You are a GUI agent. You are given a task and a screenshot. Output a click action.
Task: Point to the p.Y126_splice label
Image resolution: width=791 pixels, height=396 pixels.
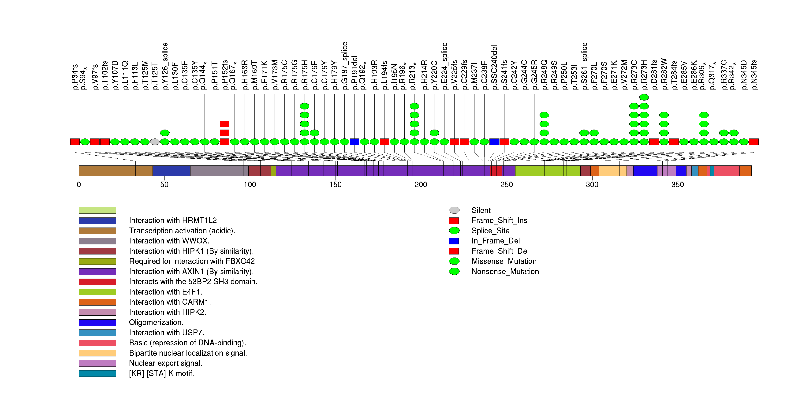point(165,66)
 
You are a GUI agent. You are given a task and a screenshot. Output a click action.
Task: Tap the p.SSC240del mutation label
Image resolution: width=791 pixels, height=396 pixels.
point(494,67)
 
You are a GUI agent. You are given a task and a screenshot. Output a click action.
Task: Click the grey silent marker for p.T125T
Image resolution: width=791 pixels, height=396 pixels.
point(155,142)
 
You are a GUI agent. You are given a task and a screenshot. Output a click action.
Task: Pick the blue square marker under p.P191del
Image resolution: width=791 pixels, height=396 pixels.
point(354,142)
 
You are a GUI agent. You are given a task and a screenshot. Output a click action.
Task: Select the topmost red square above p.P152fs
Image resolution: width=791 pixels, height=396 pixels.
point(225,124)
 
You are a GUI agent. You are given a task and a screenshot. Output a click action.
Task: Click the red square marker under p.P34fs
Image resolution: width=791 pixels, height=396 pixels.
point(75,142)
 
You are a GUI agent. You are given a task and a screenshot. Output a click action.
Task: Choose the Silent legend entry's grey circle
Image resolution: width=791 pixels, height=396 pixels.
point(454,210)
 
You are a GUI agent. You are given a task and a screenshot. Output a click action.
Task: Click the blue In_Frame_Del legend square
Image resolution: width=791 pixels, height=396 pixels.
point(454,241)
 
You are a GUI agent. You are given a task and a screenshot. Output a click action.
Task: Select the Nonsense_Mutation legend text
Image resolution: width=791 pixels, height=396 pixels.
point(505,272)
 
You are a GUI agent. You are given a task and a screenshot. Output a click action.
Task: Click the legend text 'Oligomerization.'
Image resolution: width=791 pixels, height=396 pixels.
point(156,323)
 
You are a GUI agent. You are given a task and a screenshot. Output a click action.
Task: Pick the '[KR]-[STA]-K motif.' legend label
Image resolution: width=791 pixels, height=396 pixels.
point(161,374)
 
